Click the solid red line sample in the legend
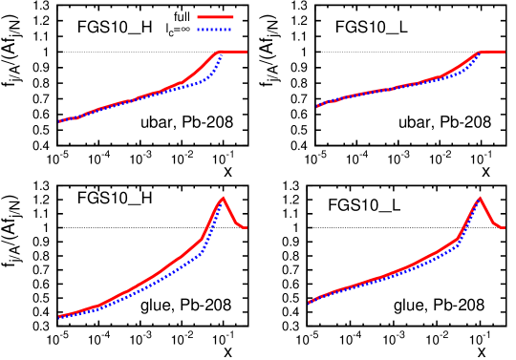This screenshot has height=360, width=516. pyautogui.click(x=215, y=17)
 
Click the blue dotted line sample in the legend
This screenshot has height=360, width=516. pyautogui.click(x=215, y=30)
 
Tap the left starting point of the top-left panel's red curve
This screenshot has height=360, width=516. pyautogui.click(x=59, y=121)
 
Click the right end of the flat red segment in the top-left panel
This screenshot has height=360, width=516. pyautogui.click(x=247, y=52)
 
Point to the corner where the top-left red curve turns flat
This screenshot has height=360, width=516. pyautogui.click(x=221, y=52)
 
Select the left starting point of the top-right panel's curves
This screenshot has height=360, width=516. pyautogui.click(x=318, y=106)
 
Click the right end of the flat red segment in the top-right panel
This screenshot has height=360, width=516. pyautogui.click(x=505, y=52)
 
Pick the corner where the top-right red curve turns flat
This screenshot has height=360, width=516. pyautogui.click(x=479, y=52)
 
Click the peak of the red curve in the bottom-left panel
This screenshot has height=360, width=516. pyautogui.click(x=223, y=198)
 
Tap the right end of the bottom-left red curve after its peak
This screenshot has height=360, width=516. pyautogui.click(x=247, y=227)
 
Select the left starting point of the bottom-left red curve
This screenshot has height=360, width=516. pyautogui.click(x=59, y=316)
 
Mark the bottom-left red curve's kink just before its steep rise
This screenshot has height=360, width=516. pyautogui.click(x=202, y=239)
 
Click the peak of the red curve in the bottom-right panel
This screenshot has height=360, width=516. pyautogui.click(x=480, y=198)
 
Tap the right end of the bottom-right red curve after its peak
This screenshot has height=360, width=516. pyautogui.click(x=505, y=227)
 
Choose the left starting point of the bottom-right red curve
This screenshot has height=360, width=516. pyautogui.click(x=310, y=302)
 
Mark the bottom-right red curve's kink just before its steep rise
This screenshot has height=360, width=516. pyautogui.click(x=459, y=238)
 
